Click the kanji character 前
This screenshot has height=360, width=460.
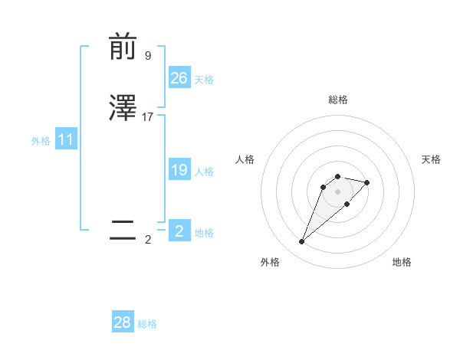(123, 47)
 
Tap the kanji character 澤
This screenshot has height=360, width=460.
(123, 109)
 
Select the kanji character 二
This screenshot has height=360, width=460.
(123, 231)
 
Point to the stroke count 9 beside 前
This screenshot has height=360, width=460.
(147, 55)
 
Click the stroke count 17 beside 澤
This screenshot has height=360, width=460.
(148, 117)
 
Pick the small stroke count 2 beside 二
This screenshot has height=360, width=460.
(147, 239)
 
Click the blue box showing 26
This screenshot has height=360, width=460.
(179, 78)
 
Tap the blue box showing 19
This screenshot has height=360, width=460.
(179, 170)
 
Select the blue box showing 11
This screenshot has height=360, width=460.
(66, 140)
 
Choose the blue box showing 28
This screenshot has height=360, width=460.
(123, 322)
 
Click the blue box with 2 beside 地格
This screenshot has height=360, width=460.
(179, 231)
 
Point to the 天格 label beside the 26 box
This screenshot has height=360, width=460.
(204, 80)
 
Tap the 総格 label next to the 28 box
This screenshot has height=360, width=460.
(147, 324)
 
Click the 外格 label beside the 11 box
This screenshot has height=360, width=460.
(41, 141)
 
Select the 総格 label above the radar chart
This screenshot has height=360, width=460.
(337, 100)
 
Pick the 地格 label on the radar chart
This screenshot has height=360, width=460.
(402, 262)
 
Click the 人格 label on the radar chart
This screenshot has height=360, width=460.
(245, 159)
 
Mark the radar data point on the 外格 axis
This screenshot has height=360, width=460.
(301, 242)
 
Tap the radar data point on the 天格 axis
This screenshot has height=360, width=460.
(367, 182)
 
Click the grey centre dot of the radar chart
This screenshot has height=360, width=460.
(337, 191)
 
